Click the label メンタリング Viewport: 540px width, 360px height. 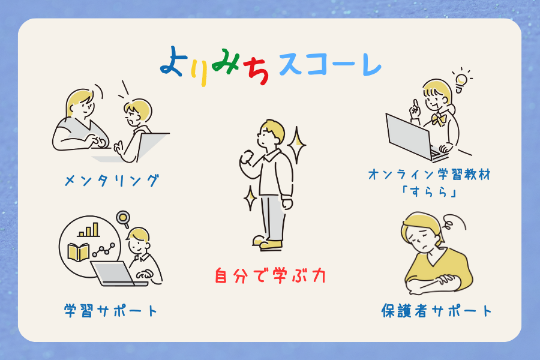(112, 181)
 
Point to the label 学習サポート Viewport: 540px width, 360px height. (111, 311)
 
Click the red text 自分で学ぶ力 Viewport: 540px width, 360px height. (270, 275)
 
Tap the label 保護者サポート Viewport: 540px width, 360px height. (436, 311)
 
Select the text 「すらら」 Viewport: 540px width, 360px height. (429, 192)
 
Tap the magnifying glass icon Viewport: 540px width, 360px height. (123, 219)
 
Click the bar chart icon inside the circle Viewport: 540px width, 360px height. (89, 230)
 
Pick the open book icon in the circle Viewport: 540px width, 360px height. (79, 252)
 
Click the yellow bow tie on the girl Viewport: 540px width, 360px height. (439, 119)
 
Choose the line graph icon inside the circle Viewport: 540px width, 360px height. (103, 250)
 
